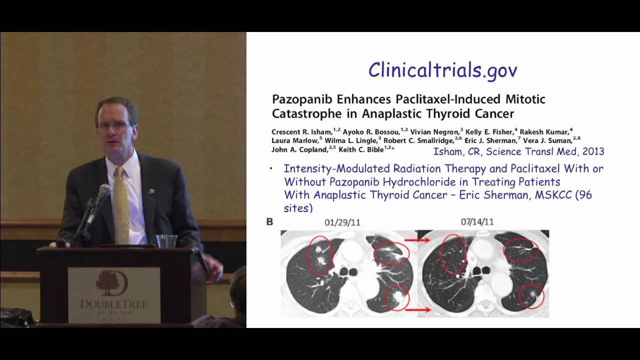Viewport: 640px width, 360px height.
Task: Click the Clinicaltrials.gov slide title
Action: (442, 70)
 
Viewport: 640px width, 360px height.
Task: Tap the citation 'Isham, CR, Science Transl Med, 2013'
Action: (518, 151)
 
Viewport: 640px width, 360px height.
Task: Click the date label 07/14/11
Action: (477, 221)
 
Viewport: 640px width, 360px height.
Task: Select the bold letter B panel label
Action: (270, 221)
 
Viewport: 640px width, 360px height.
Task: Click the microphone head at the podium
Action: (104, 191)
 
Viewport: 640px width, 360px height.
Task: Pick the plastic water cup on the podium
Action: (166, 241)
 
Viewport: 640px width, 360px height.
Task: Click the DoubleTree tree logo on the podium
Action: (112, 283)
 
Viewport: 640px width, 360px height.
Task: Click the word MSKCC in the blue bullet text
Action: (550, 195)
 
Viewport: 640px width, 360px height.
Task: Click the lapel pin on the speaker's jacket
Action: (149, 190)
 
